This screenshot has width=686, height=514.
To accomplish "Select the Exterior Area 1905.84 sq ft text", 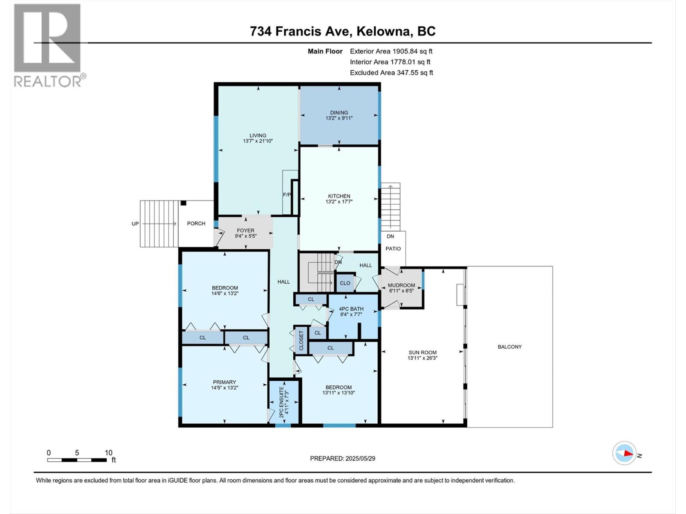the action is coord(391,51).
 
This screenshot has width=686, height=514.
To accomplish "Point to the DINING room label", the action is coord(339,112).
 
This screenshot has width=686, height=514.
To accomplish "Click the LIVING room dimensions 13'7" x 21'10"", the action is coord(258,141).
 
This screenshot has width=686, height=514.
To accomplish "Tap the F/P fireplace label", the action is coord(287,195).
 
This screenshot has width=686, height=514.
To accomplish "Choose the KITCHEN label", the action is coord(339,196).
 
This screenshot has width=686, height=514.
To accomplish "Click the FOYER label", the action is coord(246,230).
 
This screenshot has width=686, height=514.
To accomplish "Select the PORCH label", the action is coord(196,224).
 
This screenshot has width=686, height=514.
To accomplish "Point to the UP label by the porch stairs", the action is coord(135,224).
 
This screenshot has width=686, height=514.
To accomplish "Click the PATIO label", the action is coord(393,249).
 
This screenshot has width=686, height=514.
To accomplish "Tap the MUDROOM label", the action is coord(402,285).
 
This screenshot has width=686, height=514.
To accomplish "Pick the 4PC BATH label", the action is coord(351,309).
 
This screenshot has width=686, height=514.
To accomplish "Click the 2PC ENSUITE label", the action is coord(281,402).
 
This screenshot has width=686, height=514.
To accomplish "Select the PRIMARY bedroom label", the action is coord(224,383).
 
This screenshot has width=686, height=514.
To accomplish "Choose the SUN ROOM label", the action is coord(423,353).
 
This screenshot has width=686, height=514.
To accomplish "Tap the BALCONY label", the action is coord(510,347).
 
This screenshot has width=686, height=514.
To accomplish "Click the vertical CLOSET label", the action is coord(301,341).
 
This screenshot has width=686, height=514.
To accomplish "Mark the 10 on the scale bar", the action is coord(108,453).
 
